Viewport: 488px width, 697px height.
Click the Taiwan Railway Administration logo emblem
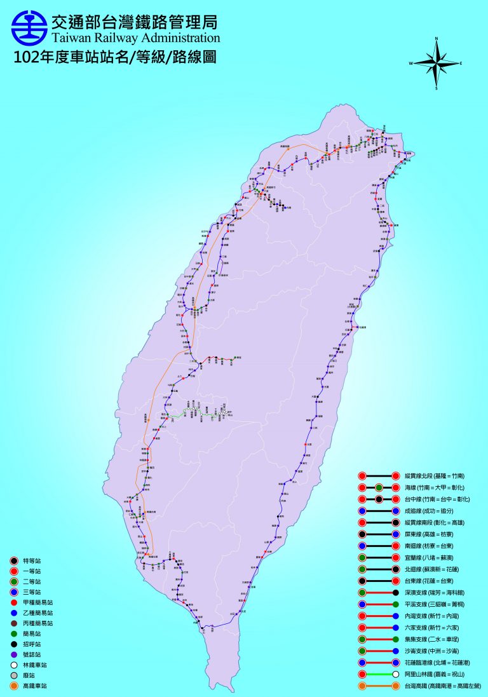click(x=29, y=25)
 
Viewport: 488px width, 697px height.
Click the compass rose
click(x=436, y=63)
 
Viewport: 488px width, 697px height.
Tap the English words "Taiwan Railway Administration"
click(x=135, y=39)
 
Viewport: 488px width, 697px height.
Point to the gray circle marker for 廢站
click(x=13, y=675)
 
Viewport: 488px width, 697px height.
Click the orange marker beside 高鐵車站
click(x=13, y=686)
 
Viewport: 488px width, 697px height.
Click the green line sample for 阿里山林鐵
click(x=378, y=674)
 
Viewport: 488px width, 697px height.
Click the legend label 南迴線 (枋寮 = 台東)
click(x=431, y=546)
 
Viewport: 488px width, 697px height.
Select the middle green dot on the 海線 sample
click(x=378, y=487)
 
